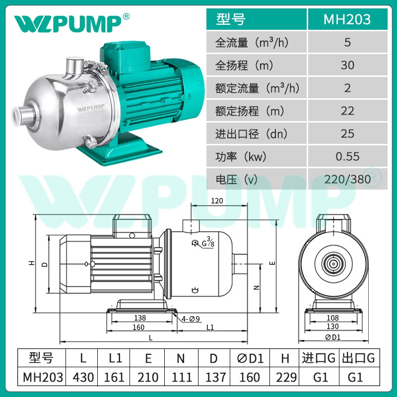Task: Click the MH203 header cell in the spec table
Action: tap(347, 19)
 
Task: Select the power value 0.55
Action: tap(347, 157)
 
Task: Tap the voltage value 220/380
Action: tap(347, 179)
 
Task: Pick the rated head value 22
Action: tap(347, 111)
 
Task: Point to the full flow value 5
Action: tap(347, 42)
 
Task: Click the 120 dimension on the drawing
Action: tap(217, 201)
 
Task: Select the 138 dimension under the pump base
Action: tap(140, 318)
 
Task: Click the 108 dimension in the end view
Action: tap(333, 318)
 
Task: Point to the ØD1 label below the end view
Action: tap(333, 337)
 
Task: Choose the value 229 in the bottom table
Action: tap(285, 377)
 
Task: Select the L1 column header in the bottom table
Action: tap(116, 358)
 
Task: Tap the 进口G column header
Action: tap(318, 358)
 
